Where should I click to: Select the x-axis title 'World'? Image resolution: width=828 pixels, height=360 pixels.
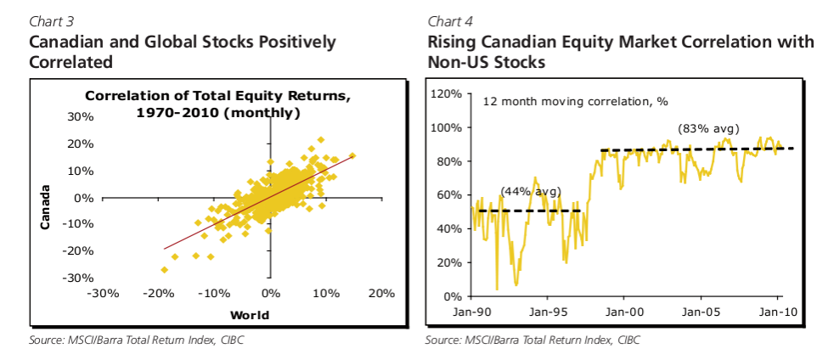click(x=249, y=315)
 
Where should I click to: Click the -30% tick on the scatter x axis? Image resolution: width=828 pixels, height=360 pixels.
click(x=102, y=294)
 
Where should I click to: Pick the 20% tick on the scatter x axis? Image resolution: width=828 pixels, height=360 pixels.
click(x=381, y=294)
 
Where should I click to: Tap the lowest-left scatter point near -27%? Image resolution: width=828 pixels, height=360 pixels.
click(x=164, y=269)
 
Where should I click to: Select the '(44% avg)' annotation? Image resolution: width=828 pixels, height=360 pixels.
click(x=531, y=192)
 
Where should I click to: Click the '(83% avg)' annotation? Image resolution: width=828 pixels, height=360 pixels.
click(x=708, y=129)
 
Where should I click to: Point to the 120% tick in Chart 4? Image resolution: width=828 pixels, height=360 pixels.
click(x=446, y=93)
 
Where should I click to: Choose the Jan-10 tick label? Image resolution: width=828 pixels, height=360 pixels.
click(x=780, y=312)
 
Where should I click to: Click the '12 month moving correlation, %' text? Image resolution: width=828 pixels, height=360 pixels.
click(x=576, y=101)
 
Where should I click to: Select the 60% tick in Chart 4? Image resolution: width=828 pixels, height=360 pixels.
click(x=448, y=195)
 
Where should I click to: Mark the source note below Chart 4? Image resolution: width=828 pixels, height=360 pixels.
click(x=532, y=340)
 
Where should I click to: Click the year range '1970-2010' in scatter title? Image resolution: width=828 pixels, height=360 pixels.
click(x=176, y=112)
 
